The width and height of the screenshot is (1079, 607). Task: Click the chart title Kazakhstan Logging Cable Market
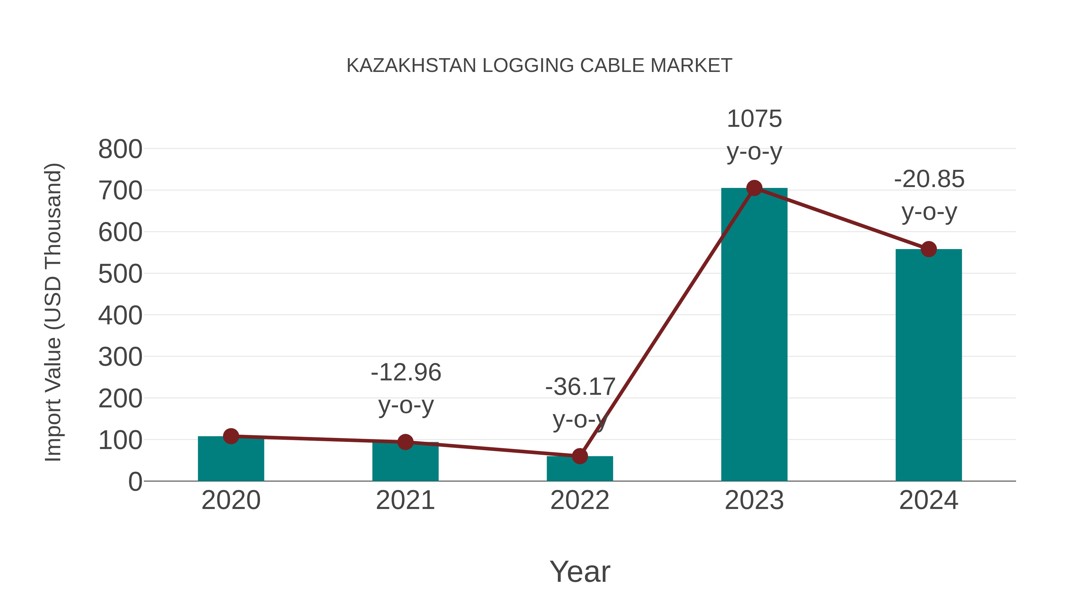pos(539,66)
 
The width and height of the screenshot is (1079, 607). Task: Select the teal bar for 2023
pos(754,335)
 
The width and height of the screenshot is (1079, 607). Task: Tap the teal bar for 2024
pos(929,364)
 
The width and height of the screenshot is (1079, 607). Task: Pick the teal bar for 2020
pos(231,461)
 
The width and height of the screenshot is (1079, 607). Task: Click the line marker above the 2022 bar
pos(580,456)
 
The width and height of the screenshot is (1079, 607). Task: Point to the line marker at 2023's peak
pos(754,188)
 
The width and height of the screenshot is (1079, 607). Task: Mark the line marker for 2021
pos(405,442)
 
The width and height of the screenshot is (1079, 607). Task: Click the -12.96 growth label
pos(406,372)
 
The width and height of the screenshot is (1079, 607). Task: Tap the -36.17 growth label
pos(580,387)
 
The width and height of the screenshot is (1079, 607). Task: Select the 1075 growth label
pos(754,119)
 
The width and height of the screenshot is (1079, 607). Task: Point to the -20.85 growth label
pos(929,179)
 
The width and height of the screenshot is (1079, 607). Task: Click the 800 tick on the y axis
pos(120,149)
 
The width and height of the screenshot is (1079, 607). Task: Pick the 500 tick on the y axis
pos(120,274)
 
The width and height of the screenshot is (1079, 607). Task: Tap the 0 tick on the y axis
pos(135,482)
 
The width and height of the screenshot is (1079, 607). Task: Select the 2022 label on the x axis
pos(580,500)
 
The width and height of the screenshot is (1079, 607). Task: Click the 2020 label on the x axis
pos(231,500)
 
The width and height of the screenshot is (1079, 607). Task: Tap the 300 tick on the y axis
pos(120,357)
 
